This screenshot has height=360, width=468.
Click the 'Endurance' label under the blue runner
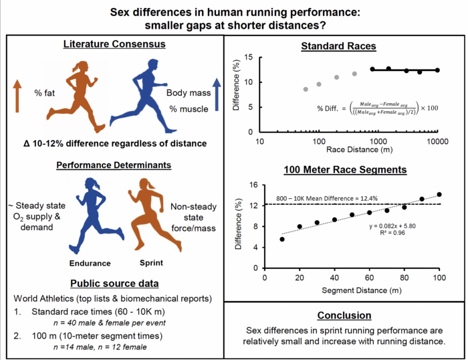[90, 263]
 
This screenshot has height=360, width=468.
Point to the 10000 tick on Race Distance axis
[437, 141]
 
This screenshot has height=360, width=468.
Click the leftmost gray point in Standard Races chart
[306, 89]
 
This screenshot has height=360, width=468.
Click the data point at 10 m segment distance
[282, 239]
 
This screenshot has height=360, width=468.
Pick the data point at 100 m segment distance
[439, 195]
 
